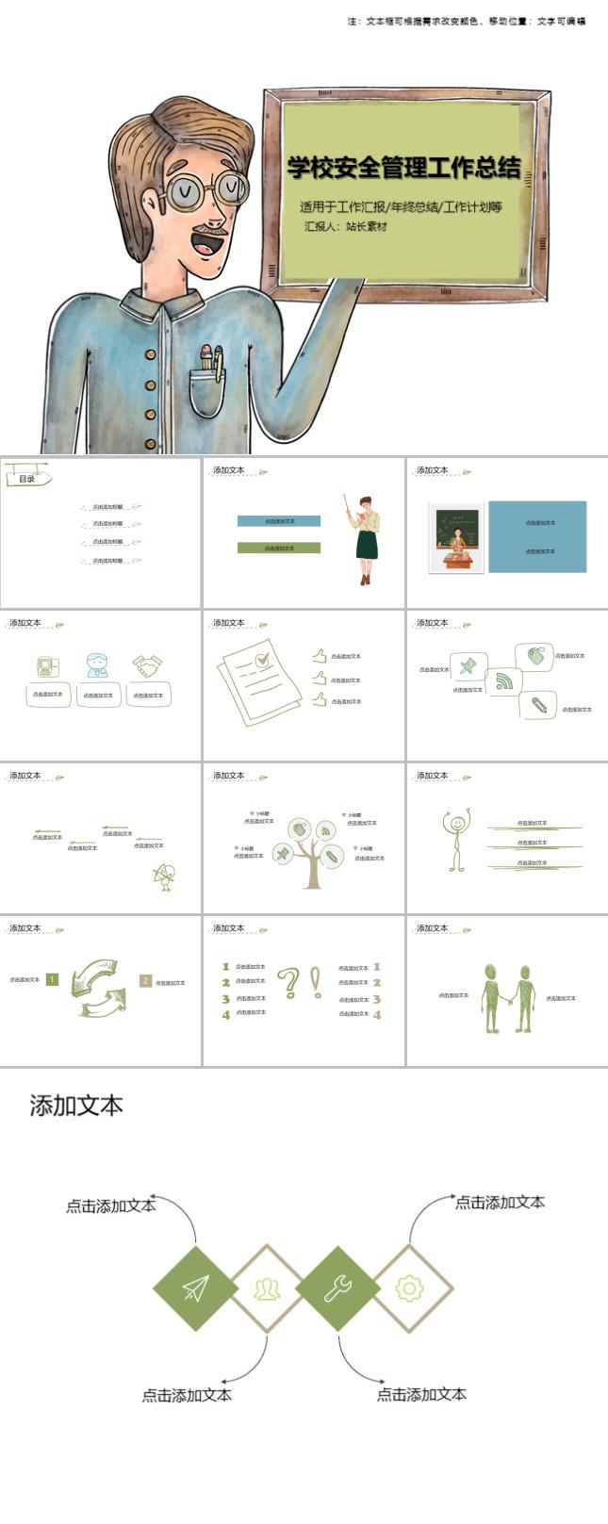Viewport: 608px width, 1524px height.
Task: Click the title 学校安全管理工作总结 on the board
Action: (x=403, y=168)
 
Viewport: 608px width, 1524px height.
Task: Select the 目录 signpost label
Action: (x=27, y=479)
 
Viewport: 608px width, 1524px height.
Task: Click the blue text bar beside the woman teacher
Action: (x=279, y=521)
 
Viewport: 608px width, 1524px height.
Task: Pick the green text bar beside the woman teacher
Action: (x=279, y=548)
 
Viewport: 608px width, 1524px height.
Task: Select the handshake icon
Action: (x=147, y=665)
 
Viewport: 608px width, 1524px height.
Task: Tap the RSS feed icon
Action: (x=504, y=680)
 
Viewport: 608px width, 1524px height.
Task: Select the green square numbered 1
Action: (x=52, y=979)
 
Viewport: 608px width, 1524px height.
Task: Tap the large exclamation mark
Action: (x=316, y=982)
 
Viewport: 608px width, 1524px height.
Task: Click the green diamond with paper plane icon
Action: (x=196, y=1287)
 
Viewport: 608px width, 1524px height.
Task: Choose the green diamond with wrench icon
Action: (x=337, y=1287)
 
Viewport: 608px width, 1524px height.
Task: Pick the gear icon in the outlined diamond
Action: (x=409, y=1287)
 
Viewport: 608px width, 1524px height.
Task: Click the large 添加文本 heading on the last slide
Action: (x=76, y=1106)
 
